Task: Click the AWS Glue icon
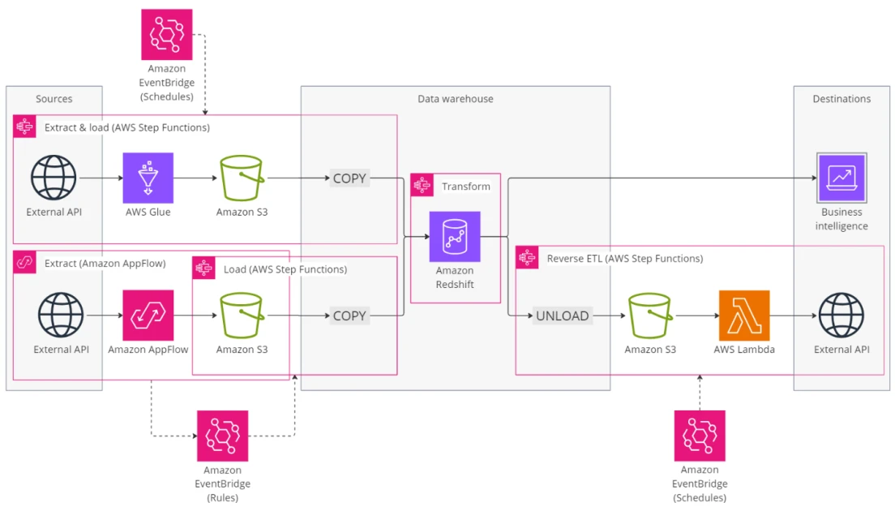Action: tap(148, 178)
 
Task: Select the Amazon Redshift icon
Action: tap(455, 237)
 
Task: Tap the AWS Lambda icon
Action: tap(743, 316)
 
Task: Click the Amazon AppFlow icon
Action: tap(148, 316)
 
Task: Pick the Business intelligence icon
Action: tap(841, 178)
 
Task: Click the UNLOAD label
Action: tap(562, 316)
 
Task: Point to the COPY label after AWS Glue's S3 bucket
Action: tap(349, 178)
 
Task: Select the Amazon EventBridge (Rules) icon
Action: tap(223, 436)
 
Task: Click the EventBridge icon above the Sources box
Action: tap(167, 35)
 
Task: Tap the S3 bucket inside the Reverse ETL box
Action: tap(650, 316)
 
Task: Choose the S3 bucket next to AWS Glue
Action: tap(242, 178)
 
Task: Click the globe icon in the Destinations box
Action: tap(841, 316)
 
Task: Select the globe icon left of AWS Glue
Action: tap(54, 178)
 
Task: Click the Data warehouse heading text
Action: tap(455, 99)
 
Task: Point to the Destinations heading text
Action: tap(841, 99)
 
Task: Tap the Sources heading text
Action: tap(54, 99)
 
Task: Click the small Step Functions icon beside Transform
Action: tap(422, 186)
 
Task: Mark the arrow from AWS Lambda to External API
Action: tap(793, 316)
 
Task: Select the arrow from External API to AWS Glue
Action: tap(101, 178)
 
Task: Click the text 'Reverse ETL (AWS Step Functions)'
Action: tap(624, 259)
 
